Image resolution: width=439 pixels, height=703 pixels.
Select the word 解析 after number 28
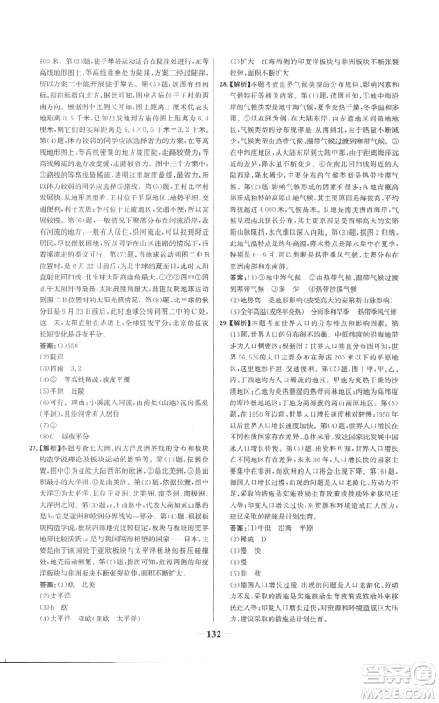242,90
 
